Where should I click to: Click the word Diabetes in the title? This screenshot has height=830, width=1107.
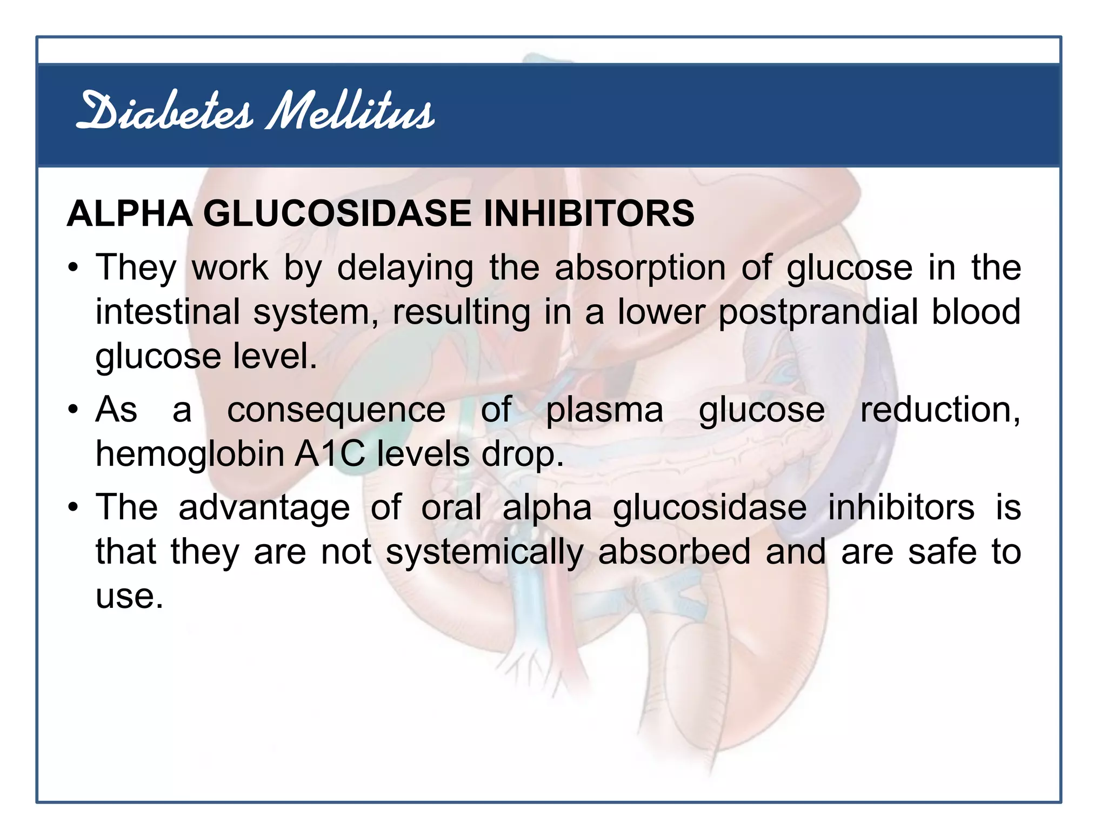(165, 111)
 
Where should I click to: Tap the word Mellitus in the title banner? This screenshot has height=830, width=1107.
(350, 111)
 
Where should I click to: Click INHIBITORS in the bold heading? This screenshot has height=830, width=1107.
(589, 213)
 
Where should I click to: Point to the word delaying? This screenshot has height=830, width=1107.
(405, 269)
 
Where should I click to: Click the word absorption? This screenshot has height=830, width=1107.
(640, 269)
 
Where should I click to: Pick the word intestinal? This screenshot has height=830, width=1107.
(168, 312)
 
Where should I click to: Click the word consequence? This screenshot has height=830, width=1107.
(336, 411)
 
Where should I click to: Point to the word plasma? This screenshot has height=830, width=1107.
(604, 411)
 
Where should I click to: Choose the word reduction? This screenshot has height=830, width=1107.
(939, 411)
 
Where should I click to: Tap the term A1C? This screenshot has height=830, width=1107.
(330, 454)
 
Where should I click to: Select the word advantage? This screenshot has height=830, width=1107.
(264, 509)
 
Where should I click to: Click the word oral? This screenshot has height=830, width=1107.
(451, 508)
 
